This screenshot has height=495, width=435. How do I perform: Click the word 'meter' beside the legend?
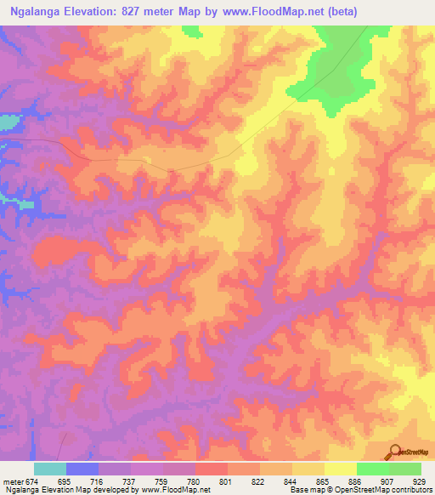pos(10,481)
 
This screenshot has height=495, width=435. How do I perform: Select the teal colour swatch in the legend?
pos(50,469)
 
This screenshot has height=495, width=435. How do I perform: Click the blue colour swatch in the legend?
pos(82,469)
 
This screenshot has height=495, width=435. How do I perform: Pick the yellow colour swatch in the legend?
pos(340,469)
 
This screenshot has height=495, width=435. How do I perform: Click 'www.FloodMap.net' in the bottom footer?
pos(174,490)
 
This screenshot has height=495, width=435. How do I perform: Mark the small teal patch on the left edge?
pos(8,122)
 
